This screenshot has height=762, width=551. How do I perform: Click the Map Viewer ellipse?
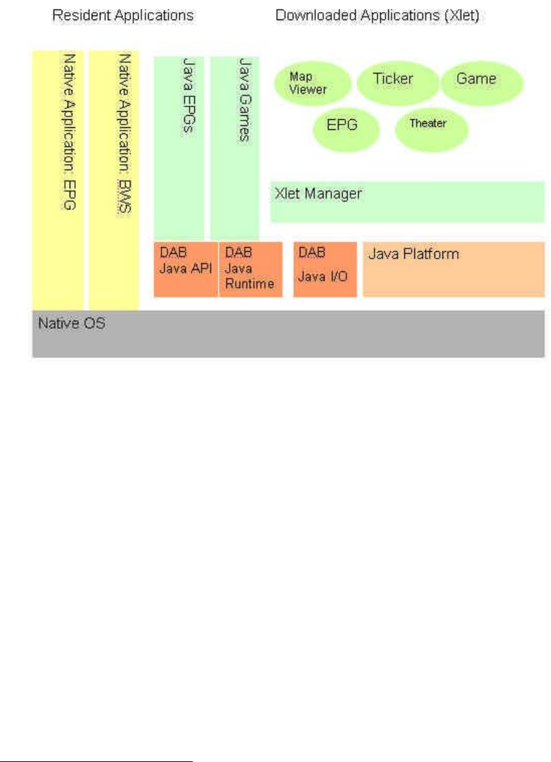coord(312,84)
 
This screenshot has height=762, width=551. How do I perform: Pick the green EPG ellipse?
coord(345,126)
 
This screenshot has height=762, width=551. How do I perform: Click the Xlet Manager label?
coord(319,194)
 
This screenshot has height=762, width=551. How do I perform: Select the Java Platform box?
coord(453,269)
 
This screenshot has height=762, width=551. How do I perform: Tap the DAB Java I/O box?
coord(325,269)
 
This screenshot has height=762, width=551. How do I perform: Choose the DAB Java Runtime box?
coord(250,269)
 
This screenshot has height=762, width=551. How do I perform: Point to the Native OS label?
coord(72,324)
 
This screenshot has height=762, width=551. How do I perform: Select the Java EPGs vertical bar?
coord(179,147)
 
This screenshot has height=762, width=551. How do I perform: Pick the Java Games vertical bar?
coord(235,147)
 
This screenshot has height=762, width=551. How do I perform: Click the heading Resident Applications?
coord(123,14)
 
